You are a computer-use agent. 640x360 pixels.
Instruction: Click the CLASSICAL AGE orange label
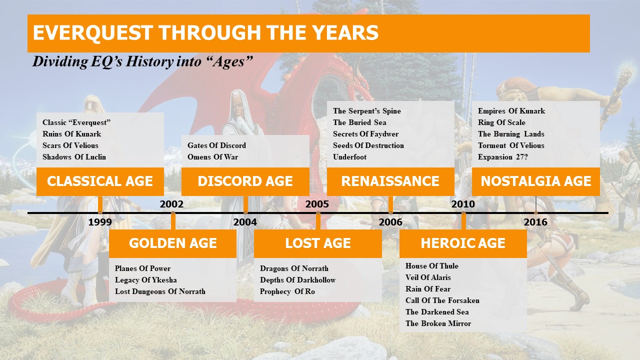point(100,181)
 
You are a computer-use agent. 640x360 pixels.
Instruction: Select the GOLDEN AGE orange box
point(172,243)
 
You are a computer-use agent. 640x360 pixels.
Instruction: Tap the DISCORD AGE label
point(245,181)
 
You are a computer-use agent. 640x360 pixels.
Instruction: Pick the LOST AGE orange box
point(318,243)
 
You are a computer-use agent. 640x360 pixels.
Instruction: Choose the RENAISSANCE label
point(390,181)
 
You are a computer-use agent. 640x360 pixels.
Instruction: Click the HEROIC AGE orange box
point(463,243)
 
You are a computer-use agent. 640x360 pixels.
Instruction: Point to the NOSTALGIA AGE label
point(535,181)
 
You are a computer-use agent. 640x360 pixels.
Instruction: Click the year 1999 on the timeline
point(100,222)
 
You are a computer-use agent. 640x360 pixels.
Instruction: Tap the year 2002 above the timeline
point(171,204)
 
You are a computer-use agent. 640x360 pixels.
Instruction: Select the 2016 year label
point(535,222)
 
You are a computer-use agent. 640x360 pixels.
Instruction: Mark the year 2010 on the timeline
point(463,204)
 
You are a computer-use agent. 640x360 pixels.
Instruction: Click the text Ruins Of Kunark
point(71,134)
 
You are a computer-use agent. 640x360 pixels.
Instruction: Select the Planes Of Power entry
point(142,268)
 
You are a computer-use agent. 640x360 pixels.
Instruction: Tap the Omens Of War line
point(212,157)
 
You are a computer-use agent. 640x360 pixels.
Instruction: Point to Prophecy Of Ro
point(287,291)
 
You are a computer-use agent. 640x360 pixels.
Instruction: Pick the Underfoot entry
point(349,157)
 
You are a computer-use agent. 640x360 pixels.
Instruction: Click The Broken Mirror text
point(438,323)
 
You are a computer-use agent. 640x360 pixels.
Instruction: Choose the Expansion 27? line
point(502,157)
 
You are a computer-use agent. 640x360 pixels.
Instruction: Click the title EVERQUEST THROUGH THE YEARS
point(205,32)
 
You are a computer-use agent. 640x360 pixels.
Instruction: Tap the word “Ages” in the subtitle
point(232,61)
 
